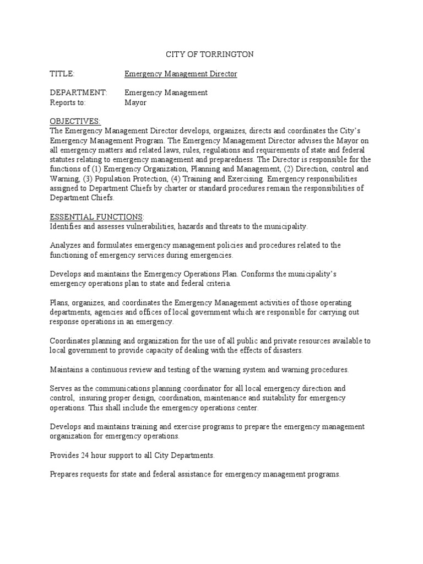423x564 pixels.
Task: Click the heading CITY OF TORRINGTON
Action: click(210, 55)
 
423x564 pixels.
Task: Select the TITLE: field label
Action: click(62, 74)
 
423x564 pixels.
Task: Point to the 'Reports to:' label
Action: click(68, 102)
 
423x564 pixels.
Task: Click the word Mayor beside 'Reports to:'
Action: click(135, 102)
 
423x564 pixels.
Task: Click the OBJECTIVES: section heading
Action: click(75, 121)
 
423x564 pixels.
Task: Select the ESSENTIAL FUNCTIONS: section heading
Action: click(97, 217)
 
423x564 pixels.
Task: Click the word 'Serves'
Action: click(61, 388)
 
